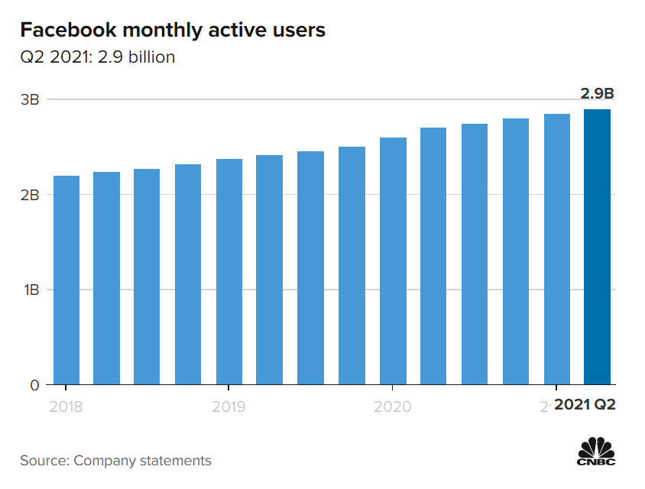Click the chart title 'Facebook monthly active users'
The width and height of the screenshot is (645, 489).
click(173, 30)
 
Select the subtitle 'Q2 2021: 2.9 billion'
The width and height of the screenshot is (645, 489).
click(98, 57)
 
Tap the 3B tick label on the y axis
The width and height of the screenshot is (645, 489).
click(30, 99)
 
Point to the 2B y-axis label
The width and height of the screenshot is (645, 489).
click(30, 195)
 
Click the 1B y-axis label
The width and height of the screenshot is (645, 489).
click(30, 290)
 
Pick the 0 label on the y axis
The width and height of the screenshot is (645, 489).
click(34, 385)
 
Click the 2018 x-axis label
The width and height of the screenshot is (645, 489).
click(66, 405)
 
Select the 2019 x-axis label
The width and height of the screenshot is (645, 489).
click(229, 405)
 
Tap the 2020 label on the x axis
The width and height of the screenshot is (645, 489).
click(392, 405)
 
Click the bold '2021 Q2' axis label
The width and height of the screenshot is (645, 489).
click(585, 405)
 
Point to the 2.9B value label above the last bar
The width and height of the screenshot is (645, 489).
click(597, 94)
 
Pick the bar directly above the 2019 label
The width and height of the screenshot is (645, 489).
click(229, 272)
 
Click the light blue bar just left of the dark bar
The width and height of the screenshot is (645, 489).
click(556, 249)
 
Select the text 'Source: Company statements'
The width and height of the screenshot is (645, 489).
click(116, 461)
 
